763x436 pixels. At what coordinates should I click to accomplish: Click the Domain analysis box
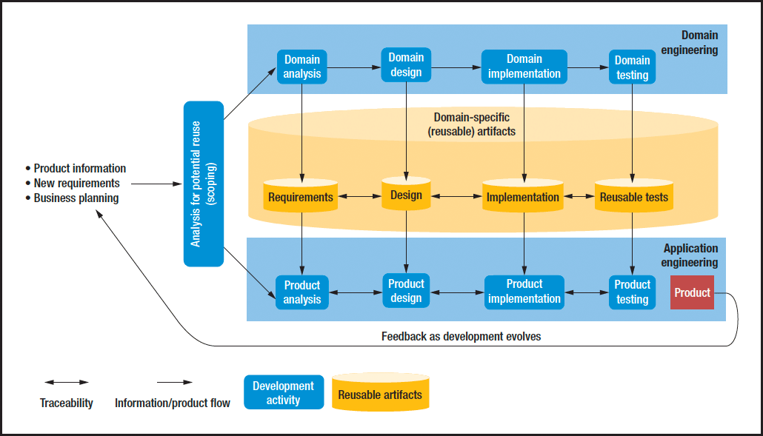(302, 67)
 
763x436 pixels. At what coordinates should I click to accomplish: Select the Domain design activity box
(406, 65)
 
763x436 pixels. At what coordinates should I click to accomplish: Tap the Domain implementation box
(524, 67)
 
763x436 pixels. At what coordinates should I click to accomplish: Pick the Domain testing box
(632, 67)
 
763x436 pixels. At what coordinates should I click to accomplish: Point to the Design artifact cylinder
(406, 195)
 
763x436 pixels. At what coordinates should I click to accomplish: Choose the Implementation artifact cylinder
(522, 197)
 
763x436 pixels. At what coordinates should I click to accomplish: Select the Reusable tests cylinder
(633, 197)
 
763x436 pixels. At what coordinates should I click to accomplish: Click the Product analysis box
(302, 292)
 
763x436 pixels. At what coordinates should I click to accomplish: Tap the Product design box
(406, 290)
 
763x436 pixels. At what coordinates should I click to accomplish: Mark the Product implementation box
(524, 291)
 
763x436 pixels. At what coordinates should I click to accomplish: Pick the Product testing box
(632, 292)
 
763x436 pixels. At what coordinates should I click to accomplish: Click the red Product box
(693, 292)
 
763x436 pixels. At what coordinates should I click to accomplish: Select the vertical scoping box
(204, 184)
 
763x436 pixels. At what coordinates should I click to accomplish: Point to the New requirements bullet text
(76, 183)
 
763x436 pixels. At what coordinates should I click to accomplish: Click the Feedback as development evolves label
(461, 336)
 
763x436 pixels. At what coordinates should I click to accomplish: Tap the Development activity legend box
(284, 392)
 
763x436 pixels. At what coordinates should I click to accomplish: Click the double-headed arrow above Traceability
(67, 383)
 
